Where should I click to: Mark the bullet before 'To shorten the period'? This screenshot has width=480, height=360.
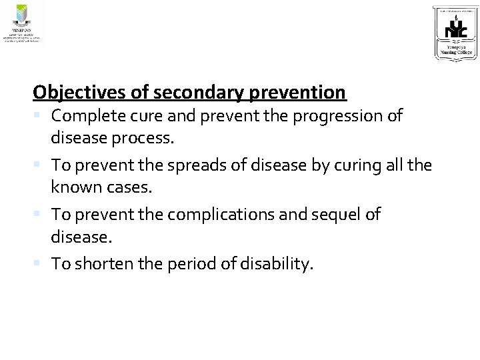point(41,263)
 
